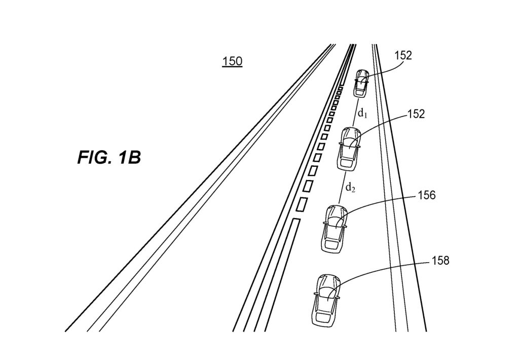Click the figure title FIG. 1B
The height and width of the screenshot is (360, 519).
click(109, 158)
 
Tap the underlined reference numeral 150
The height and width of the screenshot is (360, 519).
click(232, 62)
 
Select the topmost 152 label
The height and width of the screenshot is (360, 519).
click(403, 56)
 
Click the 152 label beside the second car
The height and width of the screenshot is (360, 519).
click(416, 115)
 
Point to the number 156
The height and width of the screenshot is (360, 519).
click(426, 195)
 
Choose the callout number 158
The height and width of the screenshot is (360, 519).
click(440, 261)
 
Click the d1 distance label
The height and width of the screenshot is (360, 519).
click(362, 113)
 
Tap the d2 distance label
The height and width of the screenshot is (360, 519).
click(350, 188)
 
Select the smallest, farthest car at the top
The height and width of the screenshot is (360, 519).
click(362, 83)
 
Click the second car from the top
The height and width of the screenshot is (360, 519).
click(349, 148)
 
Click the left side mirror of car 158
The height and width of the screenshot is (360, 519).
click(315, 294)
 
